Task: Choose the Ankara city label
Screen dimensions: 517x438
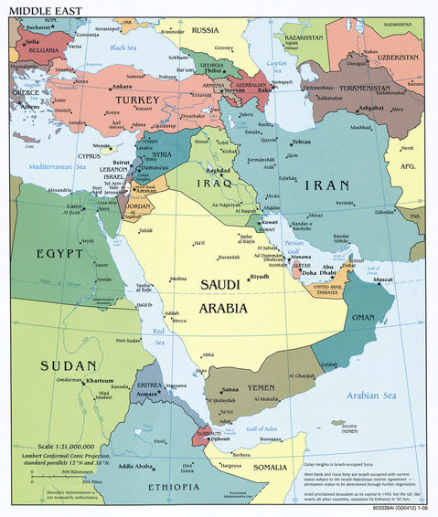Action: click(122, 87)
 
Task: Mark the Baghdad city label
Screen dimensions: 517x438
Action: click(218, 171)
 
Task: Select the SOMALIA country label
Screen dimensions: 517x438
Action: click(269, 468)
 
